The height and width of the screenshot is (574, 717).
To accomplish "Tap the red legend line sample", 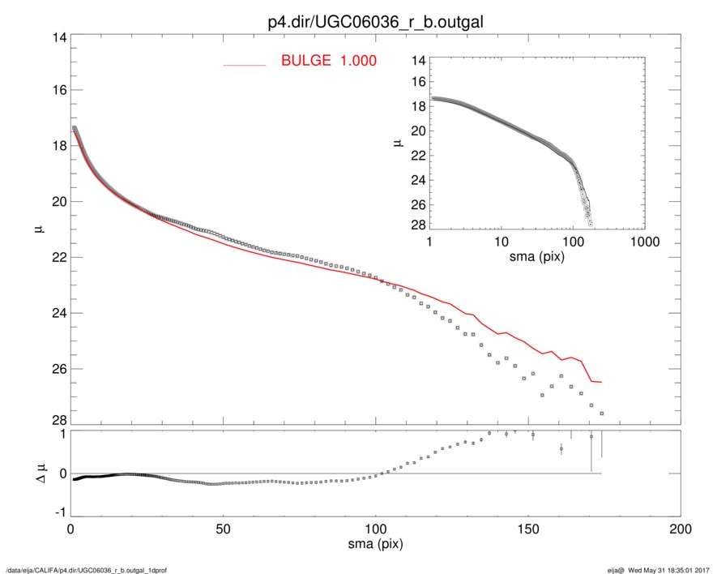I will coord(244,64).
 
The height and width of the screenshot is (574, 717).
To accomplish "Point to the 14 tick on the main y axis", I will coord(58,38).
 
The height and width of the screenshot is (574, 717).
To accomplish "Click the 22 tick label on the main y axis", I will coord(58,257).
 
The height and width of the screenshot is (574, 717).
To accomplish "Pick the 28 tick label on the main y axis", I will coord(58,420).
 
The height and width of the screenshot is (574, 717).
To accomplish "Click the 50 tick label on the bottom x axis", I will coord(223,529).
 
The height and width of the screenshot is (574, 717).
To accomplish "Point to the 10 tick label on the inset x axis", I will coord(501,242).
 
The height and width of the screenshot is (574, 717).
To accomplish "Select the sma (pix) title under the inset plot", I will coord(536,257).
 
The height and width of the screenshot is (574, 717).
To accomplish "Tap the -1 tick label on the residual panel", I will coord(58,513).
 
